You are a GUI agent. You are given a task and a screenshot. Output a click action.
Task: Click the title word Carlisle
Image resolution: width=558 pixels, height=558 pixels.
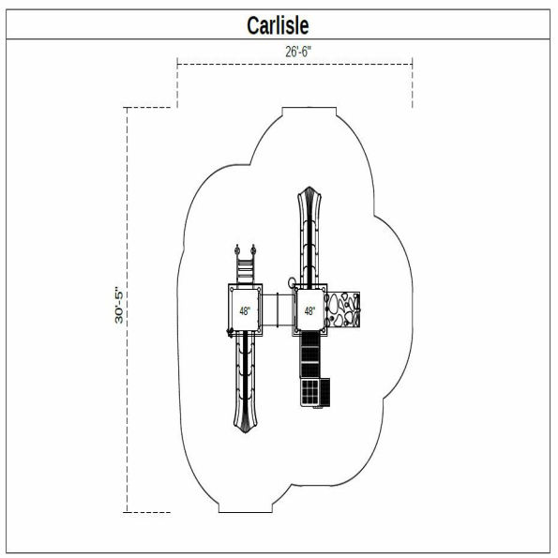[278, 25]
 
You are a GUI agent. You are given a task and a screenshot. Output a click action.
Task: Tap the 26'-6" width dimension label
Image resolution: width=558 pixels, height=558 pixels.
[299, 53]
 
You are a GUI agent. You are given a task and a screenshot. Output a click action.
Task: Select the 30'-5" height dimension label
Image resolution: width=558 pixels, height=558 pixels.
[120, 305]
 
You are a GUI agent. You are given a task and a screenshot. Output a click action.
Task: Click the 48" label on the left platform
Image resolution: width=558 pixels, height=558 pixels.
[245, 310]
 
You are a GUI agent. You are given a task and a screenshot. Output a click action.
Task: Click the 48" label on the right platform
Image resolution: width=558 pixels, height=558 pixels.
[309, 309]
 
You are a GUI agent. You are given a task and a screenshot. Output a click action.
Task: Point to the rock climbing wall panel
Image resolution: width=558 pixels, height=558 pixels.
[344, 309]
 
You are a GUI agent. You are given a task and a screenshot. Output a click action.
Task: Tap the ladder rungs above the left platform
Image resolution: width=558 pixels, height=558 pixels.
[245, 271]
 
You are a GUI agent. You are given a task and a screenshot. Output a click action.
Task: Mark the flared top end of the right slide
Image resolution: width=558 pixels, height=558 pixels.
[309, 200]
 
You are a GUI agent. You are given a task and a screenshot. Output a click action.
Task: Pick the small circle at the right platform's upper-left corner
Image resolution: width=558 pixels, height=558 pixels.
[292, 281]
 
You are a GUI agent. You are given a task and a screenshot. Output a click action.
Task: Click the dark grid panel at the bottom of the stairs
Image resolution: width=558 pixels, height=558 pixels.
[309, 393]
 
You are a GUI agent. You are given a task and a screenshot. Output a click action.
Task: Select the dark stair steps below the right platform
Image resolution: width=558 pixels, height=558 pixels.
[309, 354]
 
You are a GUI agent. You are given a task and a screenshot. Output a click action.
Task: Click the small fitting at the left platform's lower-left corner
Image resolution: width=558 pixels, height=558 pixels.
[227, 333]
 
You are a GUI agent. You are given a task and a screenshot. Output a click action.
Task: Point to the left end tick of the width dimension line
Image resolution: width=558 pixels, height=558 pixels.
[178, 84]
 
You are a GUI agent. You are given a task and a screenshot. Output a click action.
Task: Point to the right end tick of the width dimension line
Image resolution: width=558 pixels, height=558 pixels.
[414, 84]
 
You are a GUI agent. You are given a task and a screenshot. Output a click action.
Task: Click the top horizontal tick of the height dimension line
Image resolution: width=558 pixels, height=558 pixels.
[148, 108]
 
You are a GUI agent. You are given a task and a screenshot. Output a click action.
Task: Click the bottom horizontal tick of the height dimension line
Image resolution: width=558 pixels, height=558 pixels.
[148, 512]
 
